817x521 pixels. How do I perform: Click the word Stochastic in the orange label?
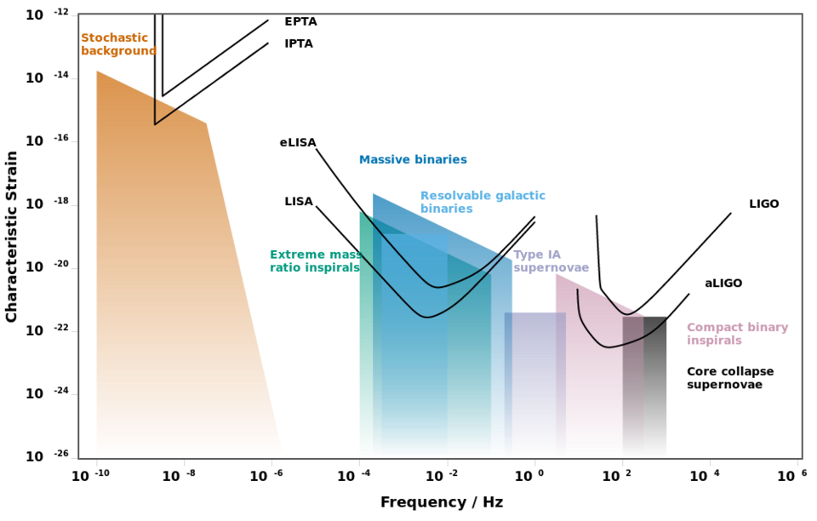pos(115,38)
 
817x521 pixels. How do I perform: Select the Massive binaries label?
pos(413,160)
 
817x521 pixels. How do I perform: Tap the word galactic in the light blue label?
pos(517,196)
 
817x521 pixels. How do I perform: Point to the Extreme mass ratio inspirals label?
pos(313,260)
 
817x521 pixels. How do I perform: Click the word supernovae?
pos(551,268)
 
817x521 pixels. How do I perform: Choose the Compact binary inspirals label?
pos(737,334)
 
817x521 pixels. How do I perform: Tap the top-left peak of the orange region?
pos(97,71)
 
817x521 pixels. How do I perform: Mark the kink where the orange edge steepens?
pos(207,123)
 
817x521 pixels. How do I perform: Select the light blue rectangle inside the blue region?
pos(414,341)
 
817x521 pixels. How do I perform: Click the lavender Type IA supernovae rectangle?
pos(534,383)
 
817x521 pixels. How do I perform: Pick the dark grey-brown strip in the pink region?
pos(633,387)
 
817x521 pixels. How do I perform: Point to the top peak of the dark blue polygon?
pos(374,193)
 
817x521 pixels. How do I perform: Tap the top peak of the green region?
pos(359,210)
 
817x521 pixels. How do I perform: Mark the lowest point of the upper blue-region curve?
pos(437,287)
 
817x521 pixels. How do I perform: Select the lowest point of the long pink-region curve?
pos(608,347)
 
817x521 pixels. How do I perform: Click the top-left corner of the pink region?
pos(556,273)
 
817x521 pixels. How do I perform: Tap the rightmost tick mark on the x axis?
pos(797,463)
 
